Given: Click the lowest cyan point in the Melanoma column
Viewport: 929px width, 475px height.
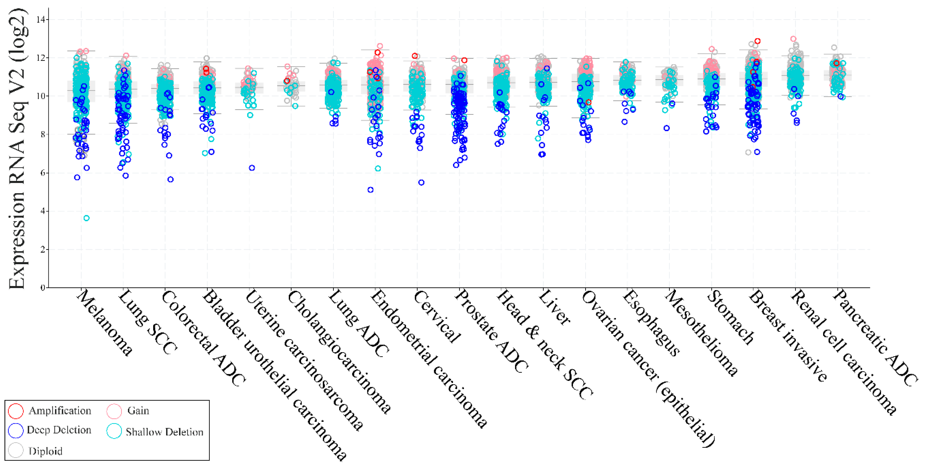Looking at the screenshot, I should [x=86, y=218].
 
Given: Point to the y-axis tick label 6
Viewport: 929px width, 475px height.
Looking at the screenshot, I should [x=42, y=173].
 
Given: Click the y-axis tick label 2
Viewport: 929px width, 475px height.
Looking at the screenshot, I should [x=42, y=249].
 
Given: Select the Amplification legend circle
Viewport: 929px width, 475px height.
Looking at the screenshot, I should [x=16, y=411].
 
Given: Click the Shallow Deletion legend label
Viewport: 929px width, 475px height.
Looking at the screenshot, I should [x=164, y=432].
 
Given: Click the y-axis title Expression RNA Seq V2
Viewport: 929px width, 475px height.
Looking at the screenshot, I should [x=17, y=148].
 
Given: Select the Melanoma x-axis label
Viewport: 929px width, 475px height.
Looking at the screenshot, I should [x=105, y=323].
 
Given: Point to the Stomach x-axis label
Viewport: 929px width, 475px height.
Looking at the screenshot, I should [x=730, y=317].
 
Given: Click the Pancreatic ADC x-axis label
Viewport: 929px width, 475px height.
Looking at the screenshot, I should [x=875, y=337].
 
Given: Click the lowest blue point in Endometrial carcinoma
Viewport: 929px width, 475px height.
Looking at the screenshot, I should [x=370, y=190].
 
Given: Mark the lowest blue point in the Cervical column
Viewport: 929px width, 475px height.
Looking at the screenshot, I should [x=421, y=183].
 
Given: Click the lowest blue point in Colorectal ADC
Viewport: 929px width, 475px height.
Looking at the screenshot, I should [x=171, y=179].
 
